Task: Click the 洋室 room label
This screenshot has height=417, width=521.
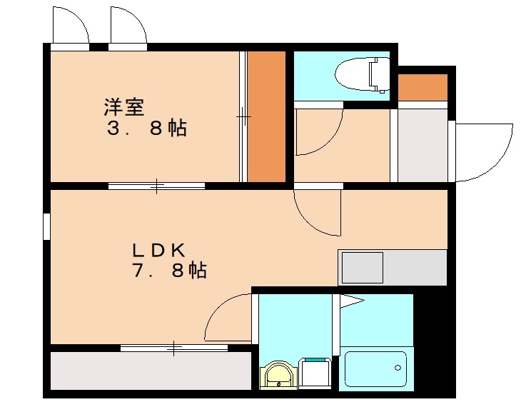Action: tap(124, 108)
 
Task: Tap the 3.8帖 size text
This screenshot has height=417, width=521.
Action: tap(146, 129)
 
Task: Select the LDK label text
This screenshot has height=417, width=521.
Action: tap(158, 250)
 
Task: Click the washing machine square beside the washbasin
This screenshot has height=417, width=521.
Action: tap(315, 372)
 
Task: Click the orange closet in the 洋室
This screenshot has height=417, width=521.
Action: tap(265, 116)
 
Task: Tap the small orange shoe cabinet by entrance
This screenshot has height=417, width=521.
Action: tap(423, 87)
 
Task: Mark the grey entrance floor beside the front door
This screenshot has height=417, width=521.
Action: tap(423, 145)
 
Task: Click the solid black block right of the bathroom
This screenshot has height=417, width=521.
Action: tap(433, 343)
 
